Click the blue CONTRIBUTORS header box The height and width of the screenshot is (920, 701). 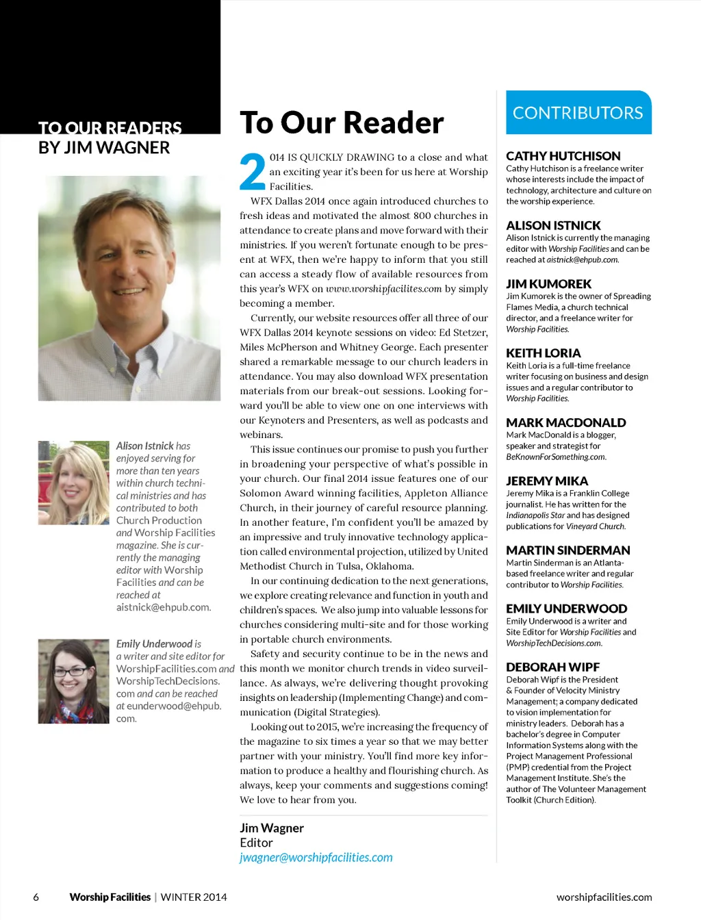(578, 112)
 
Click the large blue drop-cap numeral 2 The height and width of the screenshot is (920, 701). (252, 172)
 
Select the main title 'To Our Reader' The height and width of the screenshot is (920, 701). (342, 123)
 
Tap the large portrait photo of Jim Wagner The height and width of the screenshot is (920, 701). (129, 287)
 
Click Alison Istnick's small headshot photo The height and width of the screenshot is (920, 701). (73, 482)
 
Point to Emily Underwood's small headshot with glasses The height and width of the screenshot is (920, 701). (73, 681)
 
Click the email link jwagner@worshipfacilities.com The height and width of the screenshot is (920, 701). (316, 858)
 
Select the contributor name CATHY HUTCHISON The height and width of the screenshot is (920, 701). (563, 156)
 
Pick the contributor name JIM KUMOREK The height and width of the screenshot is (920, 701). (548, 283)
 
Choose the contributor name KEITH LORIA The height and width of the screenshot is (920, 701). (543, 353)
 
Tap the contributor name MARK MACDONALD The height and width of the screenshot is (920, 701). (565, 422)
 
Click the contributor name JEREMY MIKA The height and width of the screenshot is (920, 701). (547, 481)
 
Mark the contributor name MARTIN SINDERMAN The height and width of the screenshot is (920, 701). (568, 550)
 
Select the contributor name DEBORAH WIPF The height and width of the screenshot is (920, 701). (552, 667)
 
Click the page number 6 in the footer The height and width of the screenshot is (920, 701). (36, 897)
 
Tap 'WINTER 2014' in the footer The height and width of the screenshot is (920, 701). (194, 897)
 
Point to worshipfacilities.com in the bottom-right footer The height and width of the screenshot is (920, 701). (604, 897)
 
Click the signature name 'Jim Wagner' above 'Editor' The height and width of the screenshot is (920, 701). (272, 828)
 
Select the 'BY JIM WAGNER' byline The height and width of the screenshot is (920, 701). (104, 147)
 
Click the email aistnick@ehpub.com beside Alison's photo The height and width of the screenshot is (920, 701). (164, 607)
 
